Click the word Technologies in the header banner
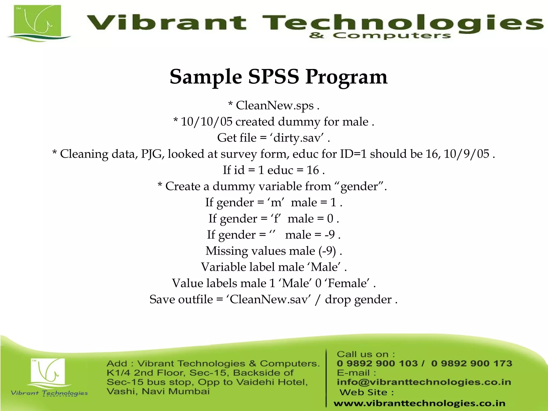coord(401,23)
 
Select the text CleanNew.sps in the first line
coord(275,105)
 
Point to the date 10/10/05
coord(206,122)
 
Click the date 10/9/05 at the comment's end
coord(467,154)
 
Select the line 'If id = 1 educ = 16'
coord(274,170)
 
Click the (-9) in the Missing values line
coord(327,251)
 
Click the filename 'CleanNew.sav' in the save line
coord(269,299)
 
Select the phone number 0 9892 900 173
coord(471,363)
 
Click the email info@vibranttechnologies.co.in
coord(424,382)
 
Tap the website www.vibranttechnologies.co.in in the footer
coord(419,403)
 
